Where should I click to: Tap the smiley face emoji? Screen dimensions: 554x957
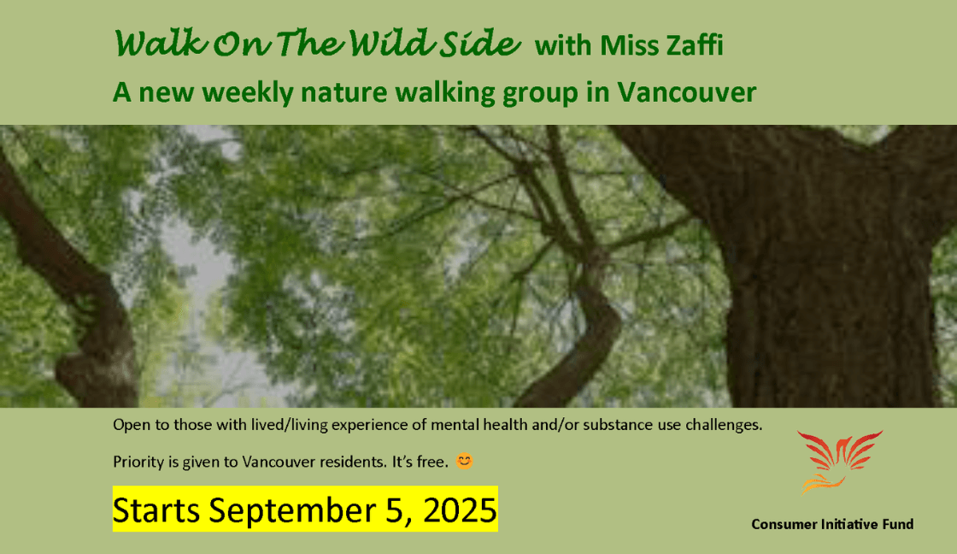465,462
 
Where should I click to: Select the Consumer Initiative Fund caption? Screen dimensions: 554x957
832,524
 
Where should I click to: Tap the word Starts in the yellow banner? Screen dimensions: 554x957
156,510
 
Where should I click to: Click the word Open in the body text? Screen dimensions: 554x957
128,424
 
